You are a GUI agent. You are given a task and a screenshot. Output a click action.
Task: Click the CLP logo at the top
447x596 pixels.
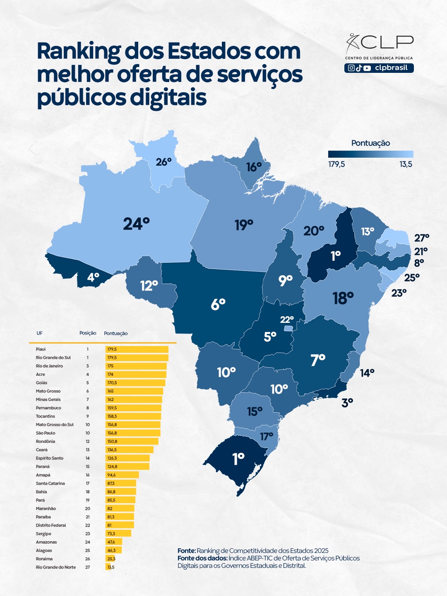379,42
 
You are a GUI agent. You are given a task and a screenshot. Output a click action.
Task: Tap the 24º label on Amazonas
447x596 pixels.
136,224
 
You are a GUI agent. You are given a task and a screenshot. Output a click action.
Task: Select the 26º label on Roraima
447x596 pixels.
163,162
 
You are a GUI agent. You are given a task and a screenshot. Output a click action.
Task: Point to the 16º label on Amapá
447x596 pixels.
254,167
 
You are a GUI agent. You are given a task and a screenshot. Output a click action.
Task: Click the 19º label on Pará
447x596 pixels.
244,225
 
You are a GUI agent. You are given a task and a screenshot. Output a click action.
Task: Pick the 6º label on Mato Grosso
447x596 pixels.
218,304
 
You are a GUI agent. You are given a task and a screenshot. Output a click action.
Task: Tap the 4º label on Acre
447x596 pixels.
93,277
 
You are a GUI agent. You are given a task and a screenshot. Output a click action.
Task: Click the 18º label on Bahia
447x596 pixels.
343,298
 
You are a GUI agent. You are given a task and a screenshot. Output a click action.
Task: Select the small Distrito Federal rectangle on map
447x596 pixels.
288,328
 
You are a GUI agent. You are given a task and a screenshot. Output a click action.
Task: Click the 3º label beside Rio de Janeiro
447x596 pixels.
347,402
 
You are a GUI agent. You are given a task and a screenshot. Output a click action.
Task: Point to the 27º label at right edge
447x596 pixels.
422,238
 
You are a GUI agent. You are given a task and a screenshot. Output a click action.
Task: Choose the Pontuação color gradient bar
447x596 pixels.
370,154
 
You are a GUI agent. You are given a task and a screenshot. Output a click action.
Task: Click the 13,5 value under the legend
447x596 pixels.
406,164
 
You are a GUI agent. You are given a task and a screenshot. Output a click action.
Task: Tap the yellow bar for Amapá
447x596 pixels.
122,475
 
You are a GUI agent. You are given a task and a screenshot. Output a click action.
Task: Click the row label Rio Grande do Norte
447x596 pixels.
56,567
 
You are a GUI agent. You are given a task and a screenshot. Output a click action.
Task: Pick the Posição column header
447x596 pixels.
88,333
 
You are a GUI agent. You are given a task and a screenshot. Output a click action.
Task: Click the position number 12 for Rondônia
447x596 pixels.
88,441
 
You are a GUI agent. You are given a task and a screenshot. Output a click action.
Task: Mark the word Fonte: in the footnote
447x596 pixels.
186,550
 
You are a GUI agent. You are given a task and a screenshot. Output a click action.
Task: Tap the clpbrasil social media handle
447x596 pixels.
391,68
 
